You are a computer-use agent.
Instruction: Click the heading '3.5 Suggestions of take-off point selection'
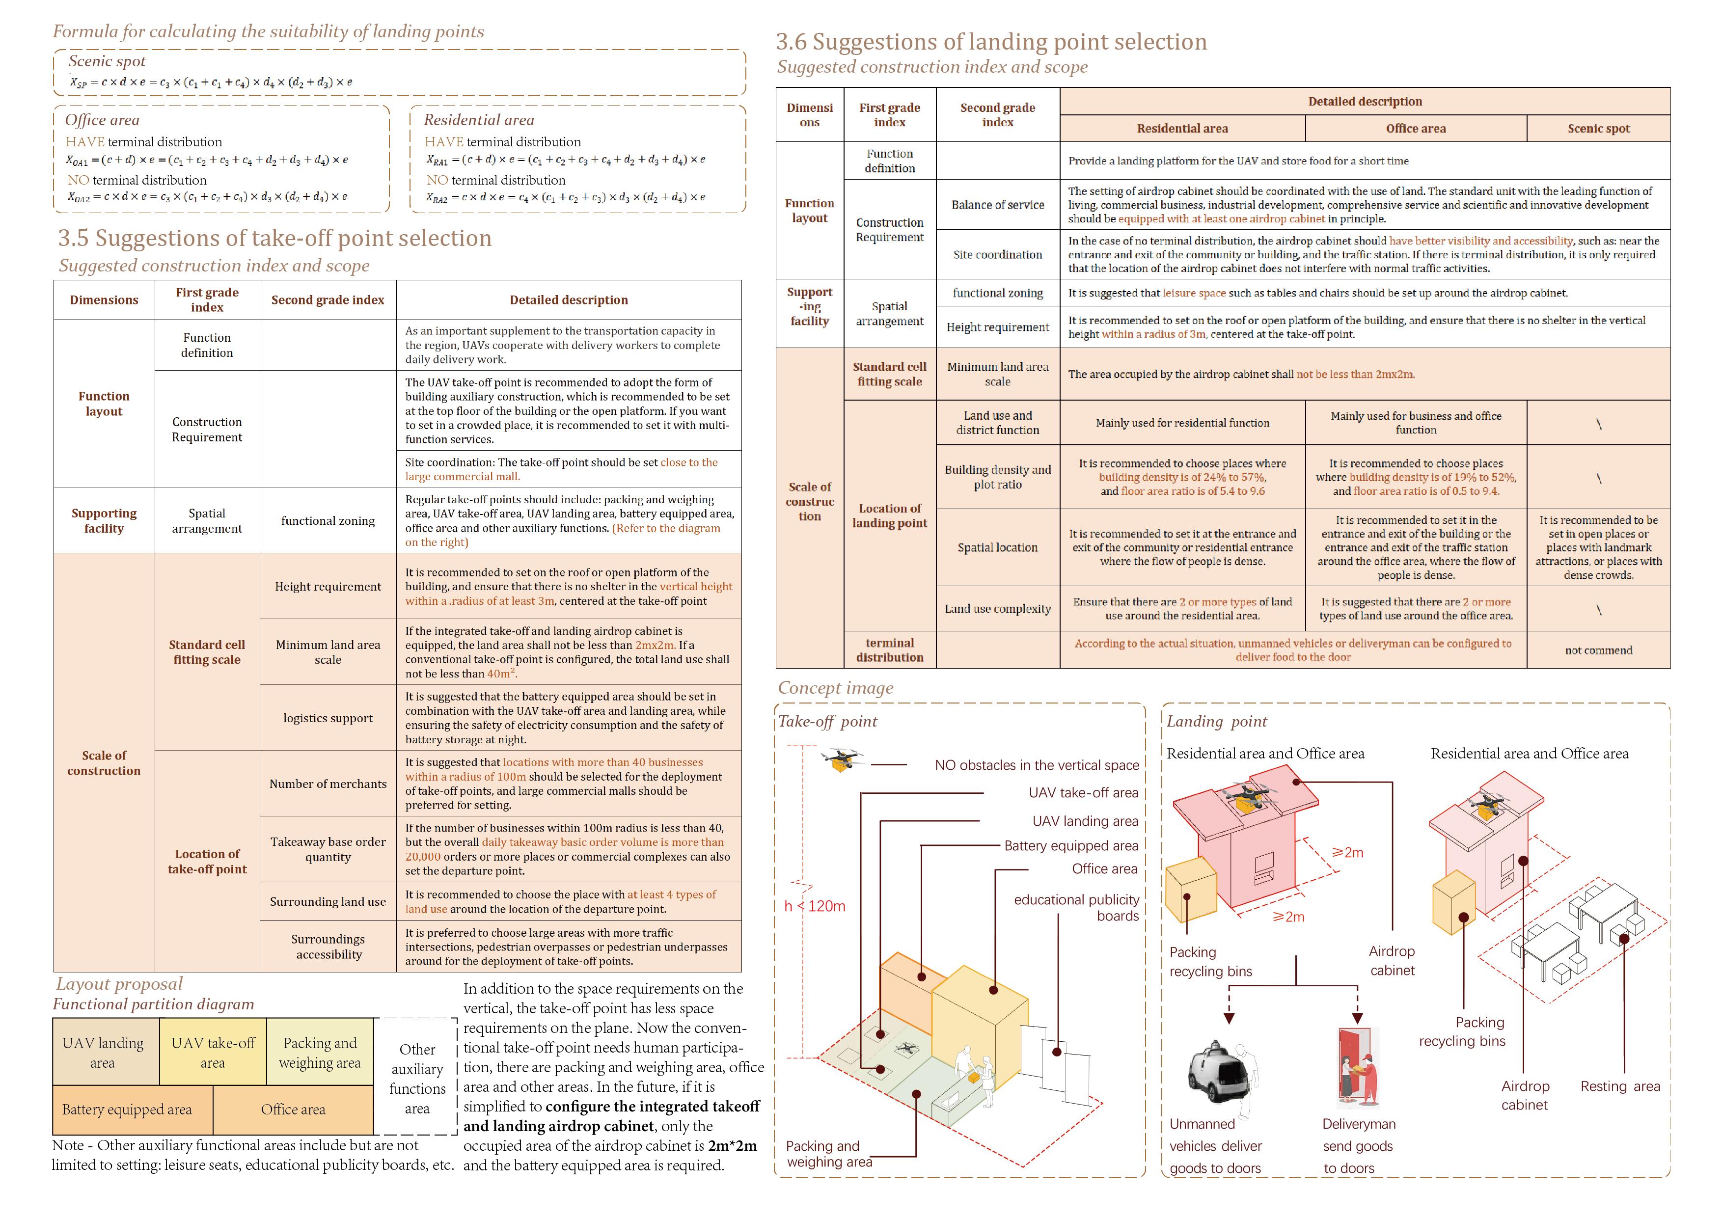pyautogui.click(x=274, y=238)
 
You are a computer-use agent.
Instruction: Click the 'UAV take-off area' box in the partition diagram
pyautogui.click(x=213, y=1052)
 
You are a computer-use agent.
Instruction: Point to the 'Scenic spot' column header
pyautogui.click(x=1598, y=128)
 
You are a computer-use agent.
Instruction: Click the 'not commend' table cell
pyautogui.click(x=1598, y=650)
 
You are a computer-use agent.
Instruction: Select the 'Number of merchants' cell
pyautogui.click(x=328, y=784)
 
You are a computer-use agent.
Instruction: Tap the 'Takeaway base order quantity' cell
pyautogui.click(x=328, y=849)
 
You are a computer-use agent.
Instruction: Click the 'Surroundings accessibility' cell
pyautogui.click(x=328, y=947)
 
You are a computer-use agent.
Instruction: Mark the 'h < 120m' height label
pyautogui.click(x=815, y=906)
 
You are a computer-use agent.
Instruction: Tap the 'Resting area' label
pyautogui.click(x=1619, y=1086)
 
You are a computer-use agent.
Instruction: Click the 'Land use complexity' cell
pyautogui.click(x=997, y=609)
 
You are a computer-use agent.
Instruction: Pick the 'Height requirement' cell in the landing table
pyautogui.click(x=997, y=326)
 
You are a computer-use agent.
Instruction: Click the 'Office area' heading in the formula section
pyautogui.click(x=102, y=120)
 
